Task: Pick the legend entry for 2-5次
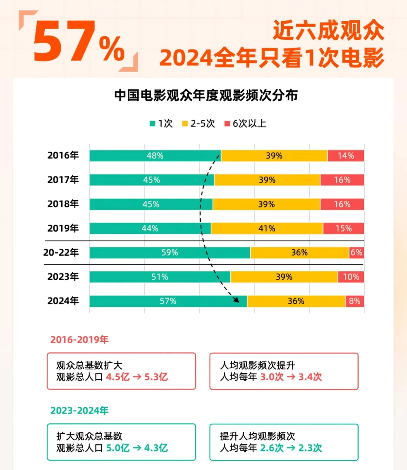click(198, 124)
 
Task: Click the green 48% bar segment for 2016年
click(155, 156)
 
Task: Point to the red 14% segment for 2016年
click(346, 156)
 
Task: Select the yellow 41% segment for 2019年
click(267, 229)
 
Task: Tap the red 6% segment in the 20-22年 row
click(356, 253)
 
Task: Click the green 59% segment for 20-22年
click(170, 253)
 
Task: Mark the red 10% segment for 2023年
click(351, 277)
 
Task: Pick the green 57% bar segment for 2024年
click(168, 301)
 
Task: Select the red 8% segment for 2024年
click(354, 301)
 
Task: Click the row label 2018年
click(63, 204)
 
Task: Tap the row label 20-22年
click(61, 253)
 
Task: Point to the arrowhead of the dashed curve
click(236, 301)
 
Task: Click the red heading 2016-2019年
click(79, 340)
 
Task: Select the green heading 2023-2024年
click(79, 411)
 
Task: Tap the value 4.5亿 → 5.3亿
click(137, 377)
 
